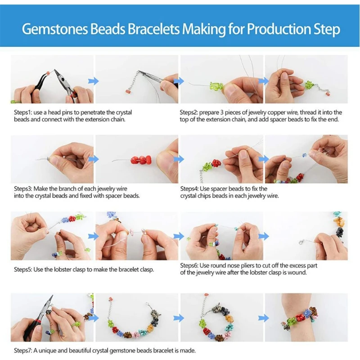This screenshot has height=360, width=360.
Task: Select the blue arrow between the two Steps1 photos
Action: [x=93, y=81]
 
